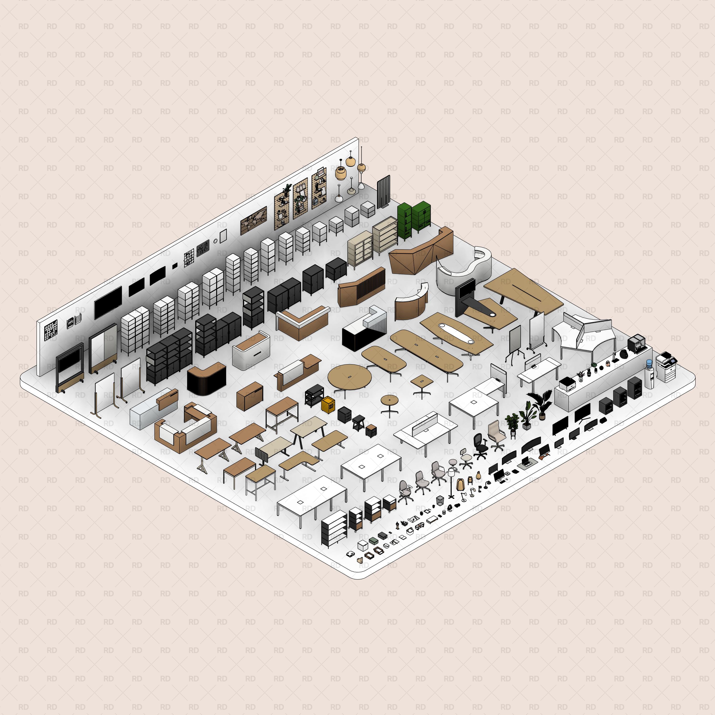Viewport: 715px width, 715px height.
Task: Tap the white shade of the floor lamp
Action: pos(451,472)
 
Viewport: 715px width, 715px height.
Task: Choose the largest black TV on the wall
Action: pos(108,302)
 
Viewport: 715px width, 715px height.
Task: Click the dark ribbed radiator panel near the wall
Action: pos(384,191)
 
